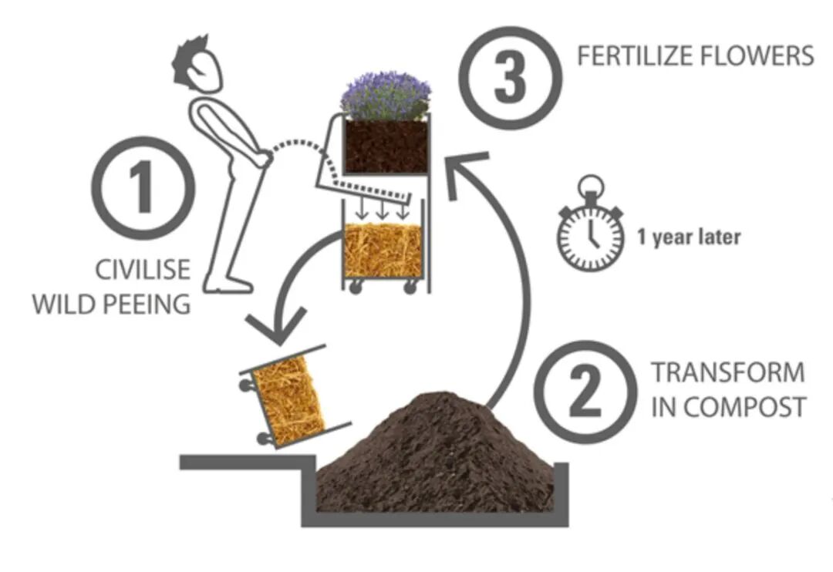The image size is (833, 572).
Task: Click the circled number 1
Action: point(143,188)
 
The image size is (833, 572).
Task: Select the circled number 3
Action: point(508,78)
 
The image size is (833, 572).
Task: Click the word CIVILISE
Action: point(143,270)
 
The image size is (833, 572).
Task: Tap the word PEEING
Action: point(147,303)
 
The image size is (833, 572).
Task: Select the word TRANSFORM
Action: point(727,372)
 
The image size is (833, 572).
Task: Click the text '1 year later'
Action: point(689,237)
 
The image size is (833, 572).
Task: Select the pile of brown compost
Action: point(436,455)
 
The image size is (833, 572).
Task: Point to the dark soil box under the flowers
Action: point(385,146)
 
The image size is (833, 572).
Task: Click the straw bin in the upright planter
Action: point(383,251)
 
